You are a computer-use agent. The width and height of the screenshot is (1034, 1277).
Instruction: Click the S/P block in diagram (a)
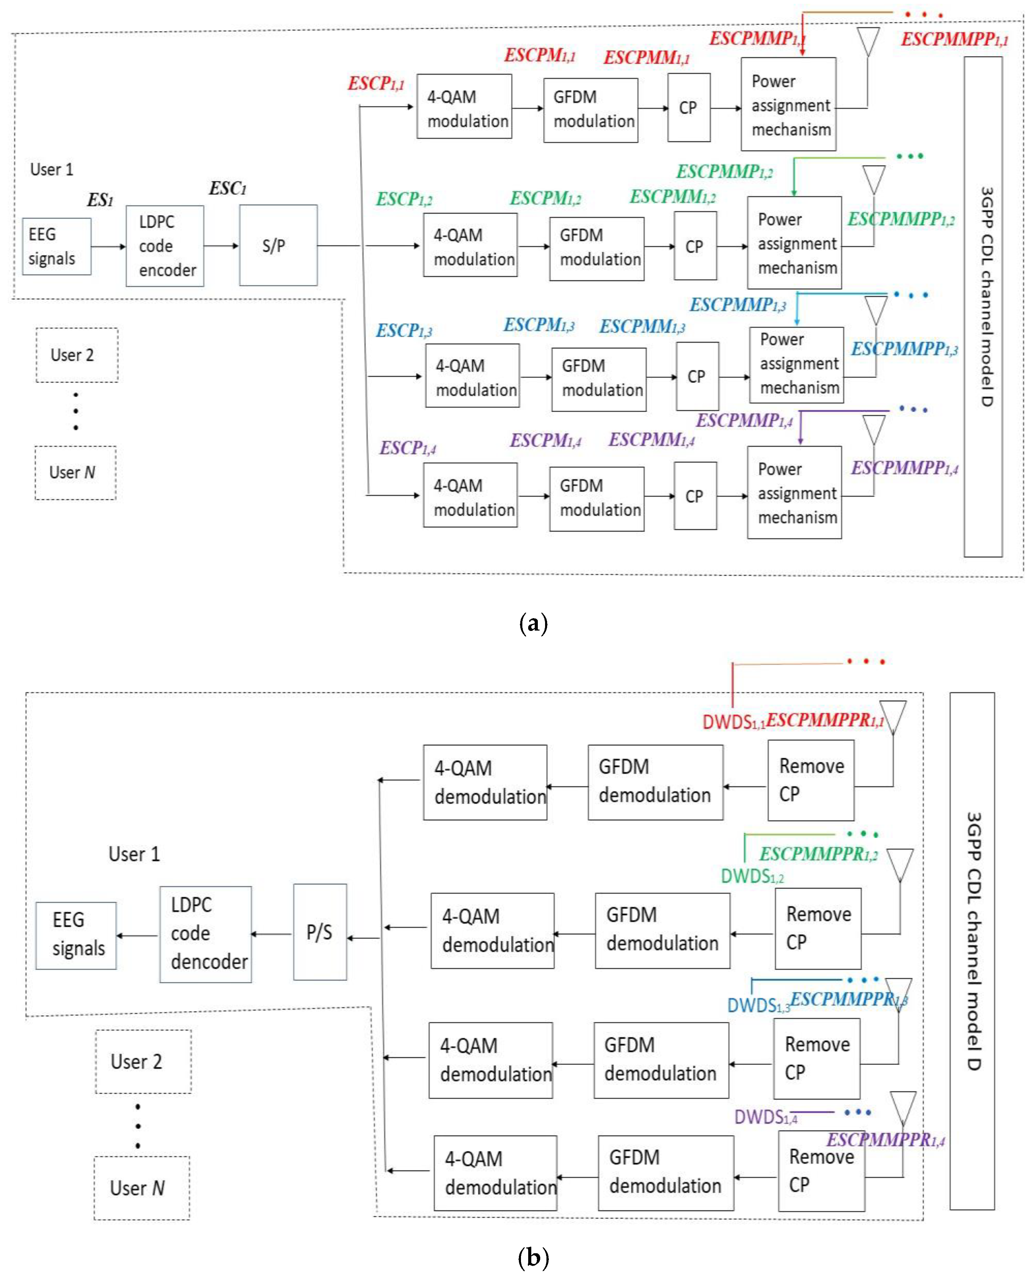pyautogui.click(x=278, y=245)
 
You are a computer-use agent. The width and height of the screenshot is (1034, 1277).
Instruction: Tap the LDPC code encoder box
pyautogui.click(x=165, y=246)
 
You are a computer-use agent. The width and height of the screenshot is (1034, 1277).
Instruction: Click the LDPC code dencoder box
pyautogui.click(x=206, y=933)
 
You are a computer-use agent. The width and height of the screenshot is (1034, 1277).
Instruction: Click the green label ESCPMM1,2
pyautogui.click(x=672, y=197)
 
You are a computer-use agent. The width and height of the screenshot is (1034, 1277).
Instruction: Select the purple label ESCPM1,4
pyautogui.click(x=545, y=441)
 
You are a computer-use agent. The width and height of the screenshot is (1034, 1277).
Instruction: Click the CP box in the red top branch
pyautogui.click(x=689, y=108)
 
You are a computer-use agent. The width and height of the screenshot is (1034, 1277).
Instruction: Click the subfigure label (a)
pyautogui.click(x=533, y=623)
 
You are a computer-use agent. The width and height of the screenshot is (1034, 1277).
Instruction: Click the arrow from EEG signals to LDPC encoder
pyautogui.click(x=108, y=246)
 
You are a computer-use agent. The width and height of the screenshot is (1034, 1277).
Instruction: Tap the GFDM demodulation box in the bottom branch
pyautogui.click(x=665, y=1172)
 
